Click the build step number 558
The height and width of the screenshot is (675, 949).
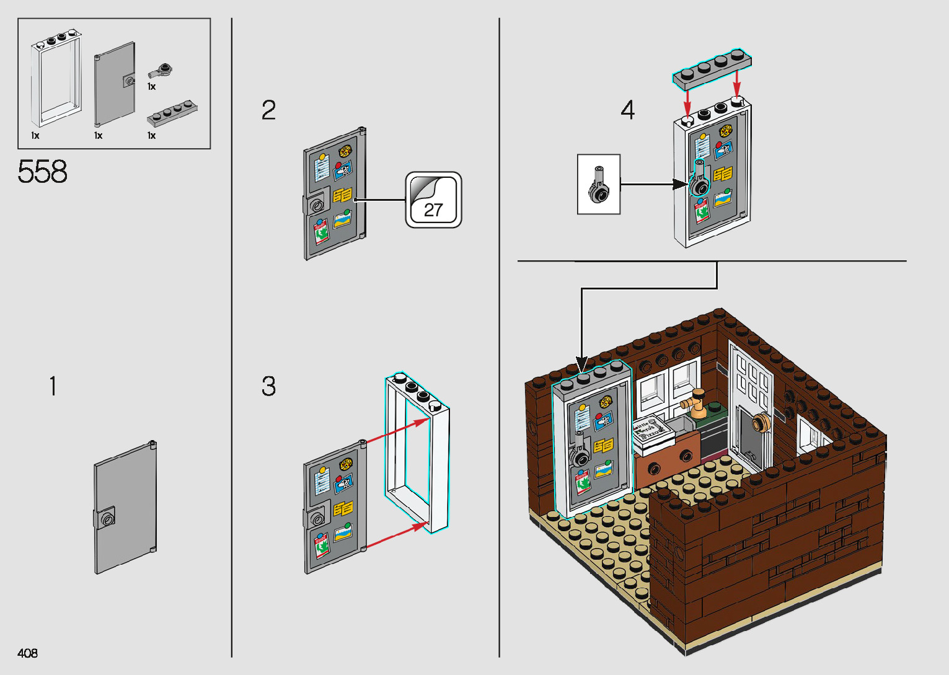42,172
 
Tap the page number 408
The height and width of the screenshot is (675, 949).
28,653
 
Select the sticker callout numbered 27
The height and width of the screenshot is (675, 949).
433,200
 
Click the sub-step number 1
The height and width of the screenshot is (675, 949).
53,386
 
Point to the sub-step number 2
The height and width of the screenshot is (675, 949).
268,110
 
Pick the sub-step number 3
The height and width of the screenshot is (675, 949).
268,386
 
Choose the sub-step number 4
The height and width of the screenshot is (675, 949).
627,110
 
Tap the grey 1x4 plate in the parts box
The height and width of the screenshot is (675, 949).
172,113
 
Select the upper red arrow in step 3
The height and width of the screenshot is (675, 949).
397,431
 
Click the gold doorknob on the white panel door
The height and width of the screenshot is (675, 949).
759,425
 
